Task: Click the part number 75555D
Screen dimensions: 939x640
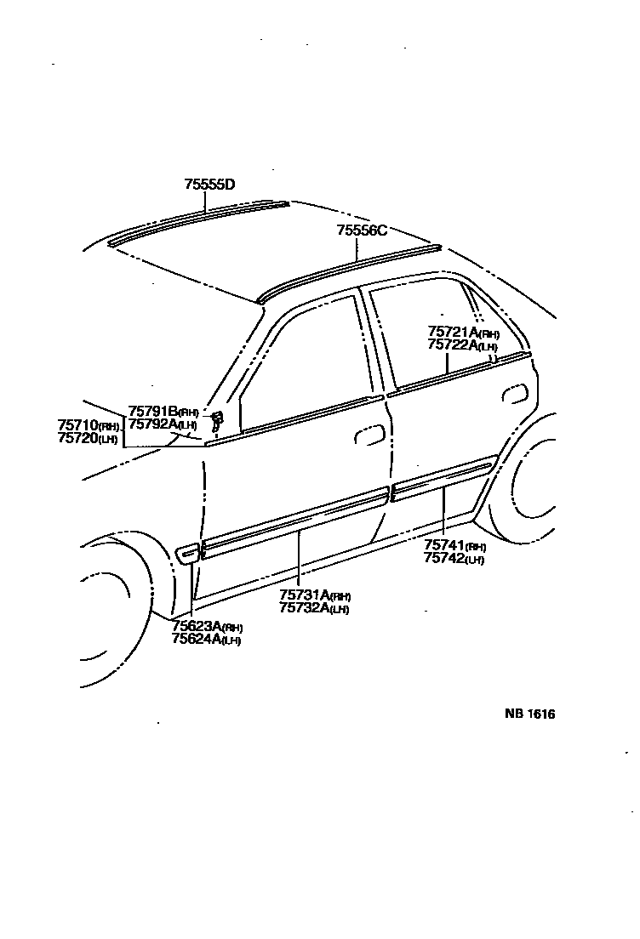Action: (x=209, y=184)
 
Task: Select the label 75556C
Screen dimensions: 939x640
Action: (x=362, y=230)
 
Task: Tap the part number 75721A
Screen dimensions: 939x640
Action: (x=452, y=333)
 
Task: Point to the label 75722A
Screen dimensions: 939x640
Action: (x=452, y=345)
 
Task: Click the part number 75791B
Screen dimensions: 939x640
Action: (x=152, y=412)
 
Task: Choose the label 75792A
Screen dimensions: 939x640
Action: (x=152, y=424)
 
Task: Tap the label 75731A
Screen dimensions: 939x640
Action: (x=304, y=595)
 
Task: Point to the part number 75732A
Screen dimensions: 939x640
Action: (x=304, y=608)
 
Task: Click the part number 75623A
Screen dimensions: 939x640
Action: (x=197, y=627)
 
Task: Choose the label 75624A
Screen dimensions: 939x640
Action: (x=197, y=640)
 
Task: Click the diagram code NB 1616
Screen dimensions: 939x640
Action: (x=529, y=714)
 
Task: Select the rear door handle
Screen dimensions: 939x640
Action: (x=514, y=392)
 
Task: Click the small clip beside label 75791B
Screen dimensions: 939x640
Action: (x=217, y=418)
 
